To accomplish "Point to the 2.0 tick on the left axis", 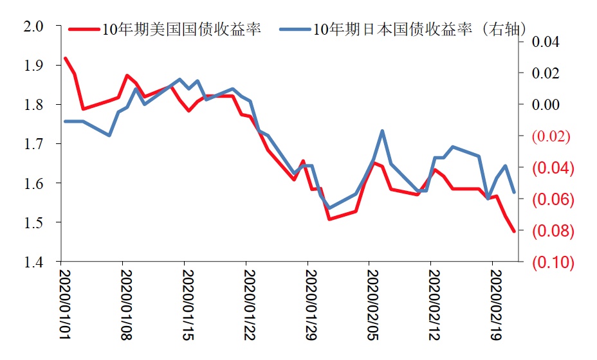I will [x=33, y=26].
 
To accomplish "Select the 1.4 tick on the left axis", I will [x=33, y=262].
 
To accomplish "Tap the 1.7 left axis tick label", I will [x=33, y=144].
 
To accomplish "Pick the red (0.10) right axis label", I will [x=551, y=262].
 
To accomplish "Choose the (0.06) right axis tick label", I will [x=551, y=199].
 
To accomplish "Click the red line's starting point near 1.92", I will [x=66, y=59].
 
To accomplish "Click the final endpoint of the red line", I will [x=513, y=231].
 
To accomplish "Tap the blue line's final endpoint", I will [x=513, y=192].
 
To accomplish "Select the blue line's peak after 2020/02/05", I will [x=383, y=131].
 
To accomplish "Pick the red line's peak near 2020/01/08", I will [x=127, y=76].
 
